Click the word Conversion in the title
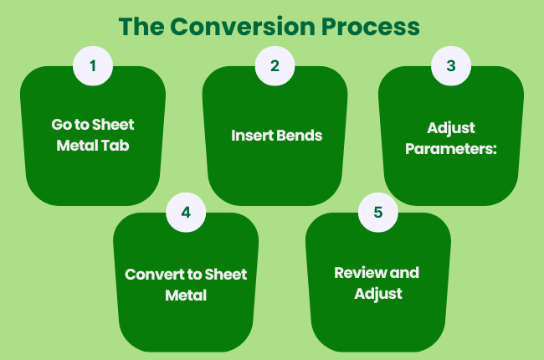tap(244, 26)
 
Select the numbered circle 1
tap(93, 65)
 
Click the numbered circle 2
tap(275, 65)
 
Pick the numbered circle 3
tap(451, 65)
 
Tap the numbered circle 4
tap(186, 213)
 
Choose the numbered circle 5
tap(378, 213)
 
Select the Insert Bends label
tap(276, 136)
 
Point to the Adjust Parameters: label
tap(451, 137)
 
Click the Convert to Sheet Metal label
tap(186, 285)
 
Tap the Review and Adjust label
tap(377, 283)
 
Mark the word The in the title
tap(140, 26)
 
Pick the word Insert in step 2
tap(252, 136)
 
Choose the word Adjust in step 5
tap(377, 293)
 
